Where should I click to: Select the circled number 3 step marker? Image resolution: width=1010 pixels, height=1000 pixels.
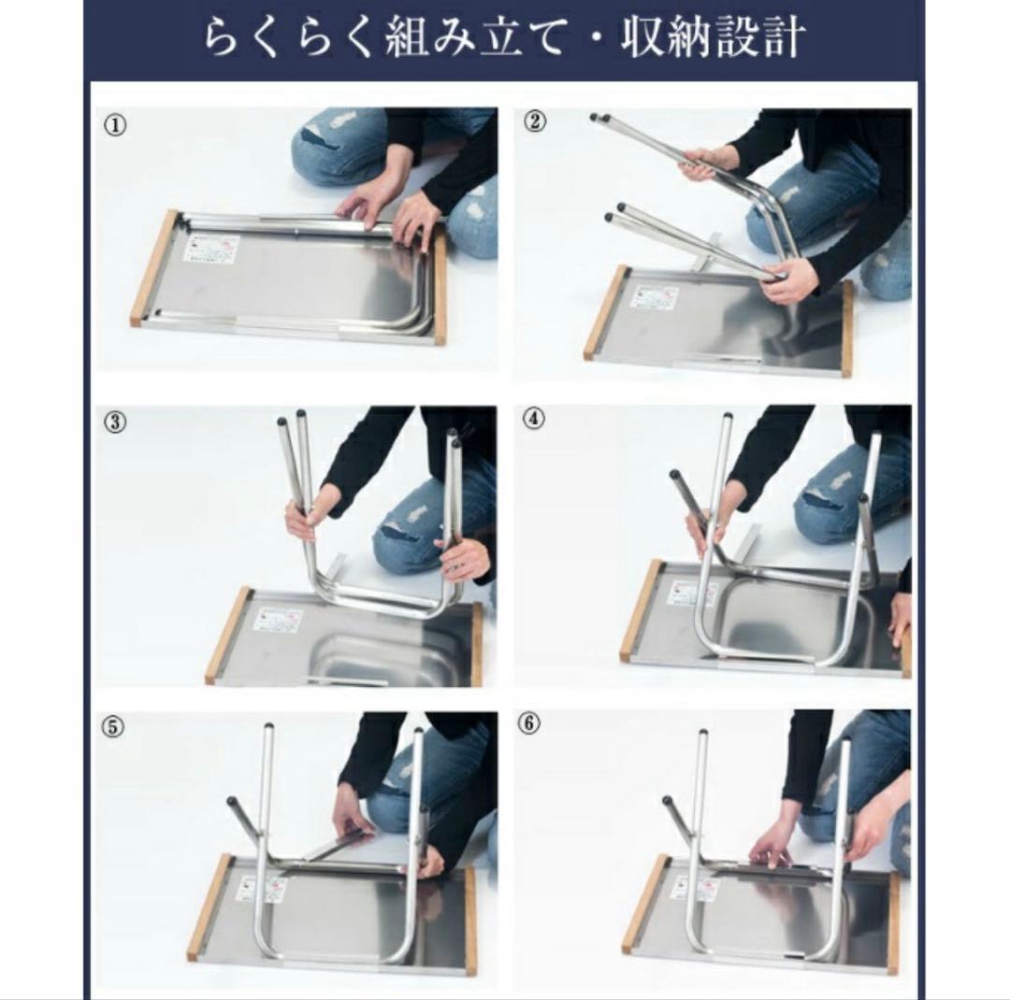pyautogui.click(x=115, y=421)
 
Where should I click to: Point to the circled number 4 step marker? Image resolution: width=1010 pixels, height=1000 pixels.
pyautogui.click(x=532, y=418)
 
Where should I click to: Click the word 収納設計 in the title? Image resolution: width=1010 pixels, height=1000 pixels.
pyautogui.click(x=715, y=39)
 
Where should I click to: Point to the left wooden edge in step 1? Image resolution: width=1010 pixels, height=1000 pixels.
pyautogui.click(x=153, y=268)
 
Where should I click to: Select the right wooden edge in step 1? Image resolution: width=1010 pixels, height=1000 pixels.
pyautogui.click(x=440, y=288)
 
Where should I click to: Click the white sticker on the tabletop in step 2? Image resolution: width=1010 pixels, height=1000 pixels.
pyautogui.click(x=655, y=297)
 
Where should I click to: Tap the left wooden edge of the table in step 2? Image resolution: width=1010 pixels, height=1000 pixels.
pyautogui.click(x=605, y=311)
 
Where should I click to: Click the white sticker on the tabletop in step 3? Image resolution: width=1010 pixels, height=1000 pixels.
pyautogui.click(x=280, y=620)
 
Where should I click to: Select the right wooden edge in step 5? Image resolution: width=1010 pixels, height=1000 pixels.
pyautogui.click(x=469, y=921)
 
